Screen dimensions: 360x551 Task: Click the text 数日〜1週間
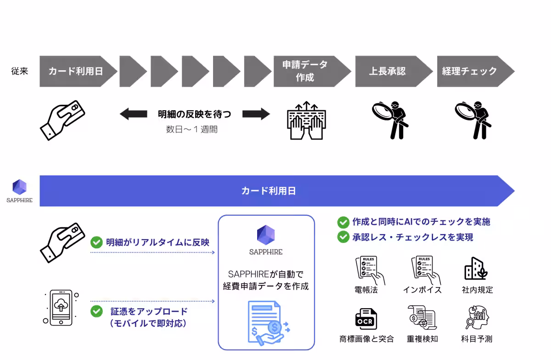coord(191,129)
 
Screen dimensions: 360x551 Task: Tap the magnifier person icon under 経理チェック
coord(472,119)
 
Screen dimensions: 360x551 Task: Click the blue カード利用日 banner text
coord(268,191)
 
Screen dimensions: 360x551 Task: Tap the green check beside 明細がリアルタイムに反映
coord(96,242)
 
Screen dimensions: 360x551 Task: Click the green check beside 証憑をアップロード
coord(96,311)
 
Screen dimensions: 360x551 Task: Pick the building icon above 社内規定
coord(476,269)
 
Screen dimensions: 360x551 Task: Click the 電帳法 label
coord(366,290)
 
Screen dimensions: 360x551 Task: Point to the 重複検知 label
coord(422,339)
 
